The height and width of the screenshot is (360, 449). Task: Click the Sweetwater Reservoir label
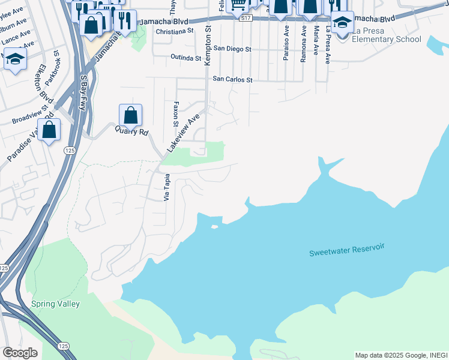(346, 250)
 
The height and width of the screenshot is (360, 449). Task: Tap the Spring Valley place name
(55, 304)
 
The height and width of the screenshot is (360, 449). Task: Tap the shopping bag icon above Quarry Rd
(130, 115)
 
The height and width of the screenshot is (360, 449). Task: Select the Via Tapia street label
(167, 187)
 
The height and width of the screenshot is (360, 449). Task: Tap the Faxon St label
(176, 109)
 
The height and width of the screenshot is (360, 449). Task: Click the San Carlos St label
(234, 79)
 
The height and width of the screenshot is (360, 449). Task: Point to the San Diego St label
(232, 48)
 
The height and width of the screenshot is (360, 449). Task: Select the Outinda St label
(185, 58)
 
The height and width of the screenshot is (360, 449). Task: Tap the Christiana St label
(174, 31)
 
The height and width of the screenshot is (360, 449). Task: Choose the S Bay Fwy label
(83, 93)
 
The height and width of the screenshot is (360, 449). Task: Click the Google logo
(20, 352)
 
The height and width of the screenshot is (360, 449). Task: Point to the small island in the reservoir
(214, 227)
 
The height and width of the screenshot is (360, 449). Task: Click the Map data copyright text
(401, 355)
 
